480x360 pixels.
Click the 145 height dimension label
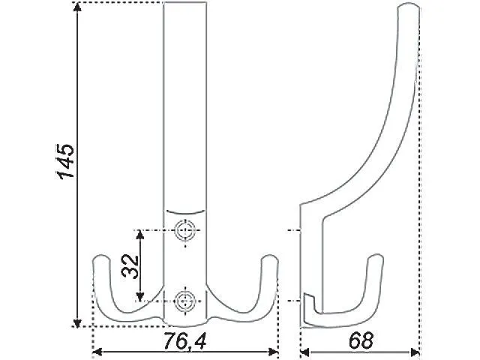tap(65, 160)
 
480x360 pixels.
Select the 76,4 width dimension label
tap(184, 340)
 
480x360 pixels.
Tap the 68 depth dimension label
tap(361, 340)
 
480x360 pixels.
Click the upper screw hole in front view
tap(185, 230)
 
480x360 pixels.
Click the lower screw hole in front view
tap(184, 301)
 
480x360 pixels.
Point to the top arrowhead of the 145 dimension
tap(77, 7)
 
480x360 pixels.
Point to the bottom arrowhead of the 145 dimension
tap(77, 322)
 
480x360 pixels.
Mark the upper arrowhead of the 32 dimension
tap(140, 235)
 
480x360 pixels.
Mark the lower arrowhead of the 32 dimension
tap(140, 296)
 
